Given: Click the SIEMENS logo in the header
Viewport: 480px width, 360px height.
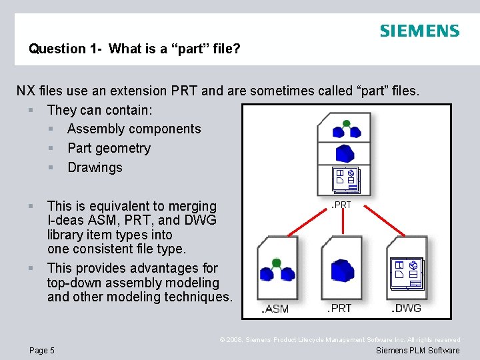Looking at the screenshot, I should point(419,31).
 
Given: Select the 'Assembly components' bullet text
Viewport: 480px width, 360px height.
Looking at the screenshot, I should point(134,129).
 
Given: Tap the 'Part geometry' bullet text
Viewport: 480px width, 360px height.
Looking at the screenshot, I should point(109,148).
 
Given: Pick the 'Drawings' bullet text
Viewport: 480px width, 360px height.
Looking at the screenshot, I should point(95,167).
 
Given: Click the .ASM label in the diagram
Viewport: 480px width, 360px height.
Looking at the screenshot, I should point(275,309).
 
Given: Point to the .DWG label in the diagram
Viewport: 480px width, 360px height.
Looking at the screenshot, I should point(406,308).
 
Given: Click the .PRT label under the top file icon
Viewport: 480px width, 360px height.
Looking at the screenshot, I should point(341,205).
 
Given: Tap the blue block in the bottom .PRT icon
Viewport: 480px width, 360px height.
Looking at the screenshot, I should point(343,270).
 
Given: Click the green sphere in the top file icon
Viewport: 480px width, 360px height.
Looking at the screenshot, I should point(346,123).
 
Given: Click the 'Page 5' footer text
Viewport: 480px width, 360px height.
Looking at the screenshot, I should point(42,351).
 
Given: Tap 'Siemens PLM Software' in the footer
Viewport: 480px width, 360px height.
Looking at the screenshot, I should point(417,351).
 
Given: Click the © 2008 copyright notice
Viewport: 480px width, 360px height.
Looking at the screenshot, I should point(340,340).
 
